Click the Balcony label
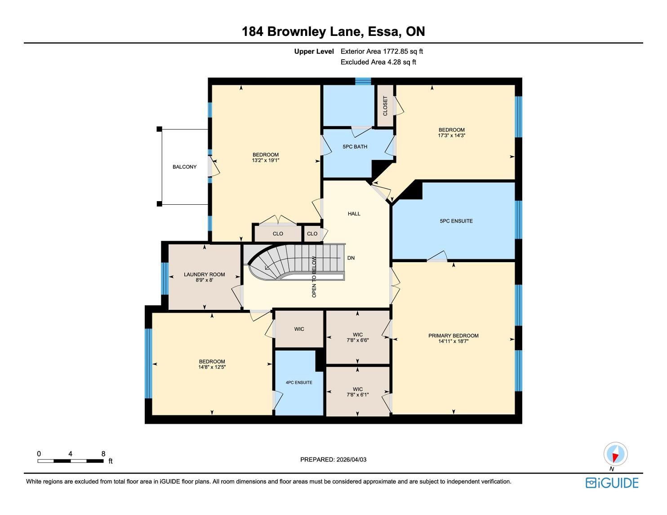coord(184,167)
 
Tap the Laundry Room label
coord(204,274)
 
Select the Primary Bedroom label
coord(454,335)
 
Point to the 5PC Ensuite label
coord(456,221)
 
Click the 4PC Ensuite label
coord(298,382)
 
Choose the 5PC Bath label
coord(355,146)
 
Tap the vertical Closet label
coord(385,106)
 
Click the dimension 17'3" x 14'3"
coord(452,135)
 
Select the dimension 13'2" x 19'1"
coord(266,160)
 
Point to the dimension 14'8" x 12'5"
coord(212,367)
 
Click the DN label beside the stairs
coord(351,258)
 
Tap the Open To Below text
coord(314,277)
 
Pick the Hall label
coord(354,214)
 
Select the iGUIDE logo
coord(612,483)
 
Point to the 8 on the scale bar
coord(103,453)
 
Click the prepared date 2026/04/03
coord(351,459)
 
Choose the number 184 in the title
coord(252,31)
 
